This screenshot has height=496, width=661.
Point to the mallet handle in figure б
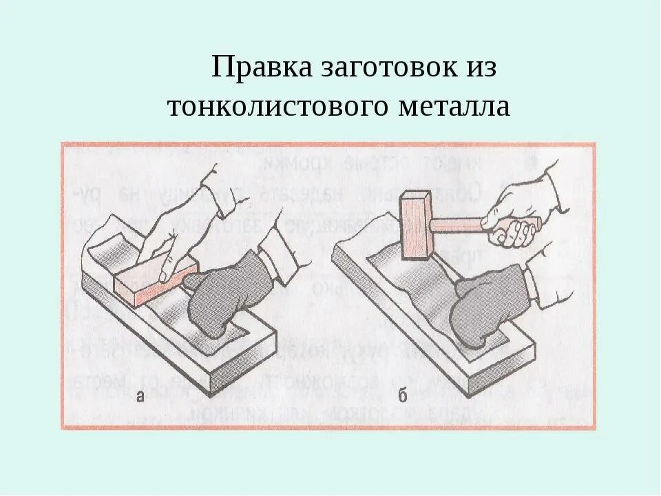click(458, 225)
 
